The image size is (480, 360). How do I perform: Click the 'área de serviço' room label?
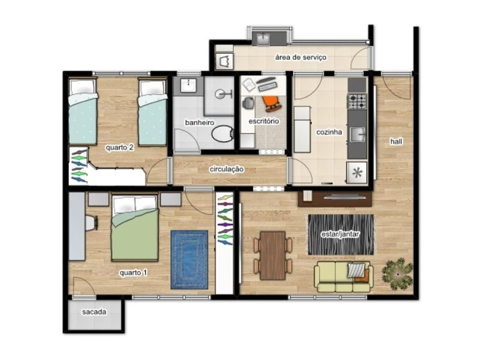click(300, 58)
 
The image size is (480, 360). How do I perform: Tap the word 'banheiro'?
click(199, 123)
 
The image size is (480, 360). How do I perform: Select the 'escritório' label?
click(264, 121)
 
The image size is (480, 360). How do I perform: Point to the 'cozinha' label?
click(329, 132)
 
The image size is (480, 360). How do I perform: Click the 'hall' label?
click(396, 142)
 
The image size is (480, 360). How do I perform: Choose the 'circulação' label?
click(227, 169)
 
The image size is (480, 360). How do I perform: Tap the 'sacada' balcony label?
click(94, 312)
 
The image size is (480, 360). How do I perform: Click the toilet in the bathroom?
click(223, 133)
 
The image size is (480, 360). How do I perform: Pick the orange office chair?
click(272, 103)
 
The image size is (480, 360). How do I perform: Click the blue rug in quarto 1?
click(189, 260)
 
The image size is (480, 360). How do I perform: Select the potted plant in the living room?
click(397, 274)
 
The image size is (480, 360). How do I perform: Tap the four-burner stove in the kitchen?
click(357, 101)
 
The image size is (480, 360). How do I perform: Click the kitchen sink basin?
click(358, 134)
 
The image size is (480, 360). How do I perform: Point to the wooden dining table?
click(273, 256)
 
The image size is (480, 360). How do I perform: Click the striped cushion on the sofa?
click(357, 270)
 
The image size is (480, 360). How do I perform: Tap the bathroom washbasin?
click(188, 85)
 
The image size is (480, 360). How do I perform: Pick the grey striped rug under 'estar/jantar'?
click(341, 235)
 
